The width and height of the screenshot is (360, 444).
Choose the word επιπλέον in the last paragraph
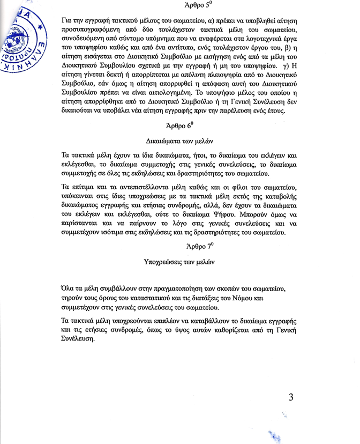[155, 321]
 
